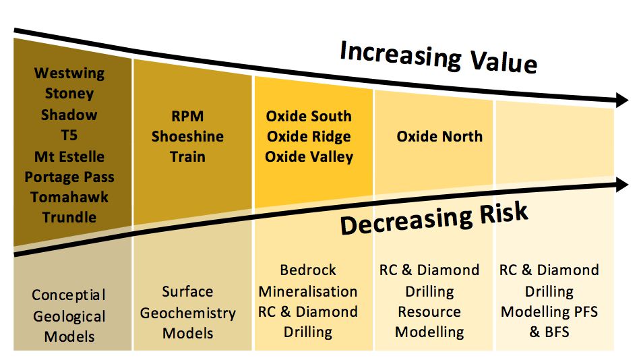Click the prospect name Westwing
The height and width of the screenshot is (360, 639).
point(69,73)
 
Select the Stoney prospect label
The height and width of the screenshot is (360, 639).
point(69,94)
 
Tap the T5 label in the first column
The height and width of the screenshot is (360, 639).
point(69,136)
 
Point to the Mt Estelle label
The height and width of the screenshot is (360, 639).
point(69,156)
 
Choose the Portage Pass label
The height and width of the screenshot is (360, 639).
point(69,177)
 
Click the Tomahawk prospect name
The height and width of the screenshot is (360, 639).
point(69,197)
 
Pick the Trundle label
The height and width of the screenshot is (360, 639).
point(69,217)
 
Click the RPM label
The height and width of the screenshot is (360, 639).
point(187,116)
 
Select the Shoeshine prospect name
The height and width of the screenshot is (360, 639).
point(187,136)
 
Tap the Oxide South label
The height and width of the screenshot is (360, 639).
point(309,116)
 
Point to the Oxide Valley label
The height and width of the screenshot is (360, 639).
point(309,157)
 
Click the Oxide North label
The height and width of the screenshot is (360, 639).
point(439,136)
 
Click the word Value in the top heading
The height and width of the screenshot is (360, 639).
point(504,61)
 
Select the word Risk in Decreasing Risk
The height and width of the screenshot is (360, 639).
point(504,213)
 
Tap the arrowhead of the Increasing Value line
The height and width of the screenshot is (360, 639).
point(622,100)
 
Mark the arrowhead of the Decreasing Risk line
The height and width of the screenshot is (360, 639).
point(622,185)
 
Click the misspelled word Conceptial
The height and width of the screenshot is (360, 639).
point(69,295)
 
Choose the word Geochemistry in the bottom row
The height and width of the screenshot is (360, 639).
point(188,313)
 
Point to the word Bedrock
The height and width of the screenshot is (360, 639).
point(308,270)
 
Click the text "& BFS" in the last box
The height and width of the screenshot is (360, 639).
point(549,332)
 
